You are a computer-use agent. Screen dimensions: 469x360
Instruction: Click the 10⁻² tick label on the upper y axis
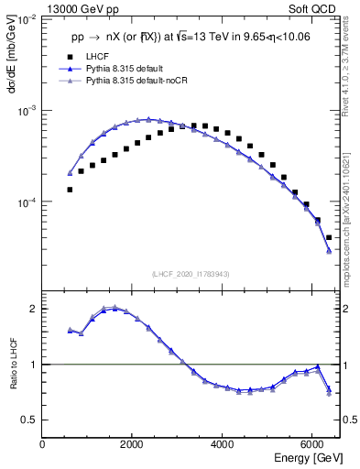coord(27,19)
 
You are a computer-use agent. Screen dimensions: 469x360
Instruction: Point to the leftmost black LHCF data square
coord(70,190)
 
